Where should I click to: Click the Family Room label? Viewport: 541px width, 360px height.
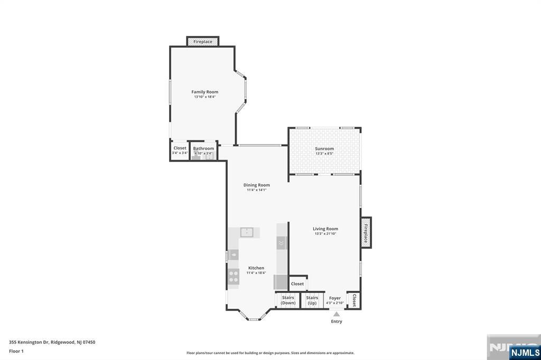204,92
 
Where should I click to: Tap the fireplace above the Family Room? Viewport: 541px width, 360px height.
203,41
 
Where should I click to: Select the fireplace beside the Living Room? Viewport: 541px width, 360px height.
366,233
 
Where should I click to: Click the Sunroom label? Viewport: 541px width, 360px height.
324,149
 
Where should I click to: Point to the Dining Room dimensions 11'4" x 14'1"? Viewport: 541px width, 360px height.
257,190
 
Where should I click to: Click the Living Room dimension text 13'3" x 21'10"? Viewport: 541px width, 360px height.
325,233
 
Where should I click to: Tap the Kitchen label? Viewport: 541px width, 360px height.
256,268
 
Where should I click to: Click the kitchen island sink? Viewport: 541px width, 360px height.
247,232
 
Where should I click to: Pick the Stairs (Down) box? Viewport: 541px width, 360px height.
288,300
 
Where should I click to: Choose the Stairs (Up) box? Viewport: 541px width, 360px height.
312,300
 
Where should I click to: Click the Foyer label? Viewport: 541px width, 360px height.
335,298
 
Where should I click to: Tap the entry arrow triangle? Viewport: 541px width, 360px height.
337,314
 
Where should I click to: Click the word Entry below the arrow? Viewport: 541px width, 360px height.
337,321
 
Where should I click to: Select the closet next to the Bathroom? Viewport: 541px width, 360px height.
180,150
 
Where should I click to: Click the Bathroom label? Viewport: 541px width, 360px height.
203,148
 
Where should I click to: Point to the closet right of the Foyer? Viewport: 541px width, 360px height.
353,300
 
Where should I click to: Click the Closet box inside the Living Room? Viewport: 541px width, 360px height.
297,283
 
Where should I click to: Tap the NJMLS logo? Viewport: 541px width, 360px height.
525,352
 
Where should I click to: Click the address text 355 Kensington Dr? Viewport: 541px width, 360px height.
32,342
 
